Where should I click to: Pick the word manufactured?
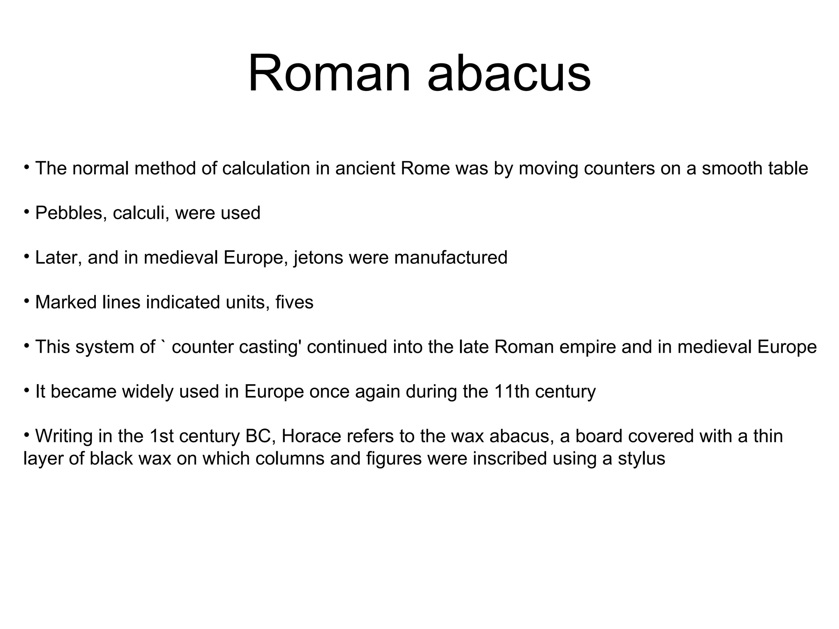451,258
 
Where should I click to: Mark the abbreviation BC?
257,436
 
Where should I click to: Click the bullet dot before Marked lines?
27,301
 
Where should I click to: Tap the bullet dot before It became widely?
27,390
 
